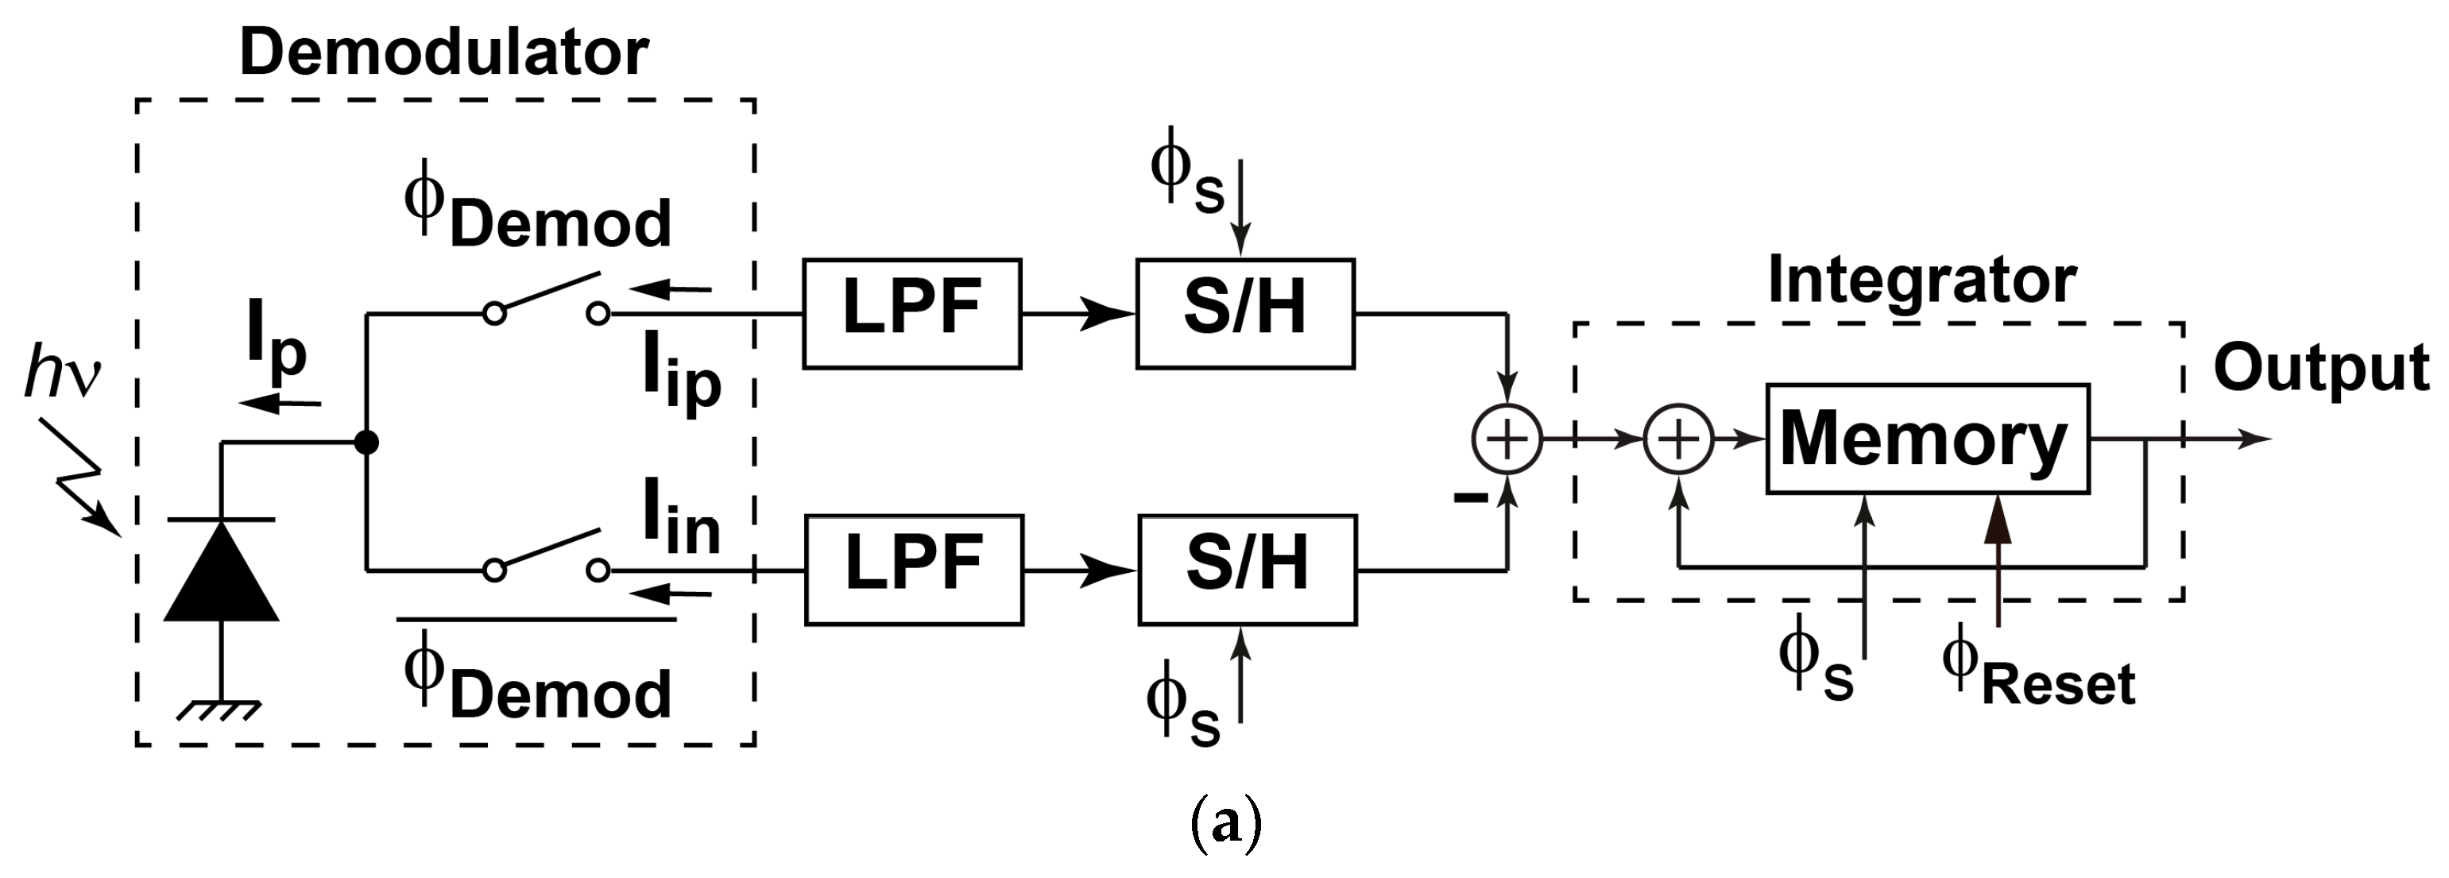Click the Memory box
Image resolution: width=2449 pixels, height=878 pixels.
pyautogui.click(x=1926, y=438)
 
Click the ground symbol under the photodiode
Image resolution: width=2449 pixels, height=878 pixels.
pyautogui.click(x=222, y=709)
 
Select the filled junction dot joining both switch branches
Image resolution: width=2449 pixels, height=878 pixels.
pyautogui.click(x=366, y=442)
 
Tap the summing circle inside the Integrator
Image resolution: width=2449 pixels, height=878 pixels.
pyautogui.click(x=1678, y=438)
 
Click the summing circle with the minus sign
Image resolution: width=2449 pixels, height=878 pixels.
pyautogui.click(x=1506, y=438)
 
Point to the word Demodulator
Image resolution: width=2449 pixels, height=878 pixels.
pyautogui.click(x=443, y=52)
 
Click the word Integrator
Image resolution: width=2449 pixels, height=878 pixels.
pyautogui.click(x=1921, y=280)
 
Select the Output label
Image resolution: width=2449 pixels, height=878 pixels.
pyautogui.click(x=2320, y=368)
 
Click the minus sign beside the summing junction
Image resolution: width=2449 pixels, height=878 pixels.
pyautogui.click(x=1470, y=496)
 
